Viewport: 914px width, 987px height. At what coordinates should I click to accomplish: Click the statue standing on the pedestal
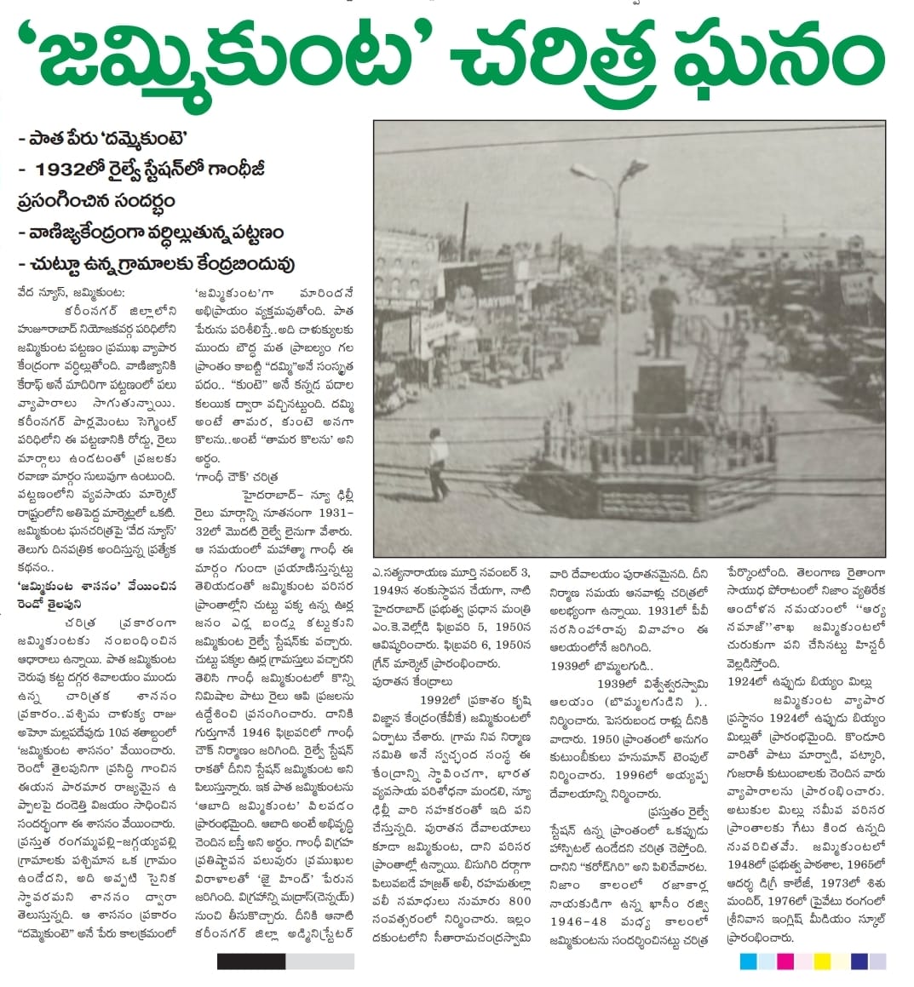pyautogui.click(x=661, y=319)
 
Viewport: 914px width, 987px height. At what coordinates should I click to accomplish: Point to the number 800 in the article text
pyautogui.click(x=519, y=900)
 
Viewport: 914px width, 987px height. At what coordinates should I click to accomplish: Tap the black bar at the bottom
pyautogui.click(x=250, y=961)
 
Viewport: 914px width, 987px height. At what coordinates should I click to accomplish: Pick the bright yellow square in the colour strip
pyautogui.click(x=822, y=961)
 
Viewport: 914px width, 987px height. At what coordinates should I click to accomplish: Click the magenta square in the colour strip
pyautogui.click(x=785, y=961)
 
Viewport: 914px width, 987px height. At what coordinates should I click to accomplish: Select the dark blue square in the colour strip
pyautogui.click(x=859, y=961)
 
